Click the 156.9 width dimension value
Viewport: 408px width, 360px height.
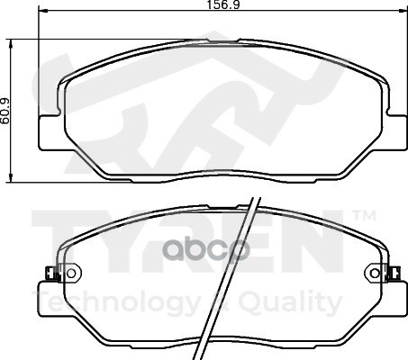(x=223, y=4)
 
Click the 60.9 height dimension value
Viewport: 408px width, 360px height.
(x=5, y=111)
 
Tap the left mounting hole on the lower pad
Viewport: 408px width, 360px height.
(x=71, y=273)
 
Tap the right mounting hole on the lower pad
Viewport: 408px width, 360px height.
(x=375, y=273)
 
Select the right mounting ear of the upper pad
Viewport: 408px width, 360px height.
(x=394, y=132)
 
